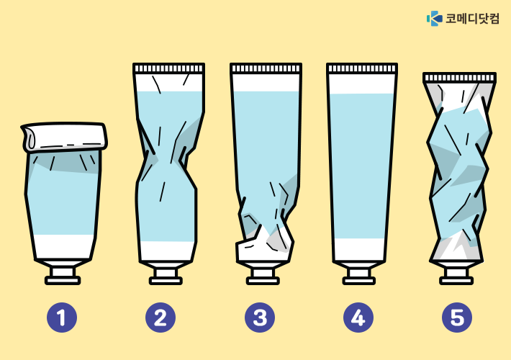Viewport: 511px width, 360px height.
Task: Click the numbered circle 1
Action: click(x=62, y=318)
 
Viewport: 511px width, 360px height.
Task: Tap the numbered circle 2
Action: click(x=160, y=318)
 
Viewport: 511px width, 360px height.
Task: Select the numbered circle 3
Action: click(x=260, y=318)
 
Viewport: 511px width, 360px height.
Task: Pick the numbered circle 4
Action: click(x=358, y=318)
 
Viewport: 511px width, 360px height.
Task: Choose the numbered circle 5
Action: click(x=457, y=318)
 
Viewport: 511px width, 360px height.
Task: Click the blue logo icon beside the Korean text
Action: click(x=435, y=18)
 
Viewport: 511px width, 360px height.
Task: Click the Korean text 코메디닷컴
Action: click(x=472, y=18)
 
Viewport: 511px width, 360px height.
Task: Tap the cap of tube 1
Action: click(x=63, y=276)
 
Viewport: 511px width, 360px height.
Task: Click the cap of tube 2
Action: click(x=166, y=276)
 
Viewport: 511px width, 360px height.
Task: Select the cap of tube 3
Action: click(x=263, y=276)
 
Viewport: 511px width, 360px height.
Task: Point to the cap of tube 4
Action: click(x=359, y=276)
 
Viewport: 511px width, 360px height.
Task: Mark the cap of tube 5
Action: click(x=456, y=276)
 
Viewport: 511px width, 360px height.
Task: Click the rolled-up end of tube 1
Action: click(x=64, y=137)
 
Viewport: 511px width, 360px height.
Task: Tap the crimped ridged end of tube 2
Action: click(x=169, y=68)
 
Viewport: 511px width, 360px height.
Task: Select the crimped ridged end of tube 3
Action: click(x=266, y=68)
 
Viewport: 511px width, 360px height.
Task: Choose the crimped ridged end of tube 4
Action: click(x=362, y=68)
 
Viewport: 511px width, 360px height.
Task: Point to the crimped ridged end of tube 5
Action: click(x=459, y=78)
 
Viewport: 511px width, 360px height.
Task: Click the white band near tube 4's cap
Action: click(x=359, y=249)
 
